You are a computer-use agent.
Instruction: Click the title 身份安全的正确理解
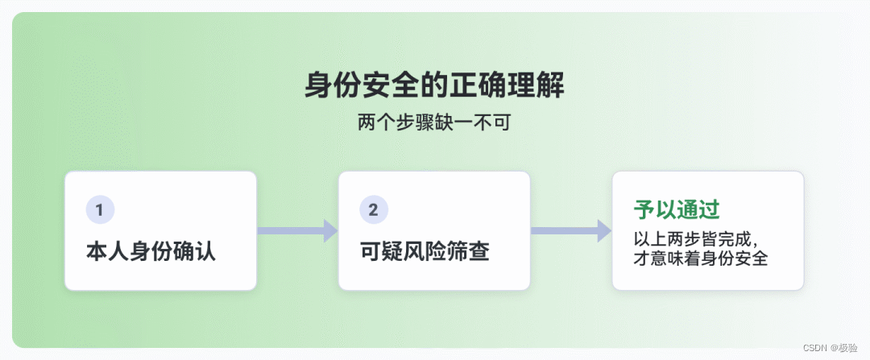pos(434,85)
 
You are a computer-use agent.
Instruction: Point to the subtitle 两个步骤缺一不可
pos(434,124)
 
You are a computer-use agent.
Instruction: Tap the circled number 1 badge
pos(100,210)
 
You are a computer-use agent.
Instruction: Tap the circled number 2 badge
pos(374,210)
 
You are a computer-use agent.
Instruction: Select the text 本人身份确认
pos(151,251)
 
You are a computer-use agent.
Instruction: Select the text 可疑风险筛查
pos(425,251)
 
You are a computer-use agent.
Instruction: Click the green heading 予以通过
pos(677,210)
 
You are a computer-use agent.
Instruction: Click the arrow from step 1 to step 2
pos(296,230)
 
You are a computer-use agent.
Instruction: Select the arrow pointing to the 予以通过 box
pos(570,230)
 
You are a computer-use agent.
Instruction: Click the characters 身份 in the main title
pos(333,85)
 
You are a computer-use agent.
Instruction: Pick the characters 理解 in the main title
pos(536,85)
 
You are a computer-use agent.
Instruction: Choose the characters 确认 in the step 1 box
pos(194,251)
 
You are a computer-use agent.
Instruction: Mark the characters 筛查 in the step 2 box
pos(468,251)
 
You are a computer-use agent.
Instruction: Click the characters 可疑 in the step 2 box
pos(381,251)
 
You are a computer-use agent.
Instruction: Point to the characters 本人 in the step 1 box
pos(107,251)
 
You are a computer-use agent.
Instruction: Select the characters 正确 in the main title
pos(478,85)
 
